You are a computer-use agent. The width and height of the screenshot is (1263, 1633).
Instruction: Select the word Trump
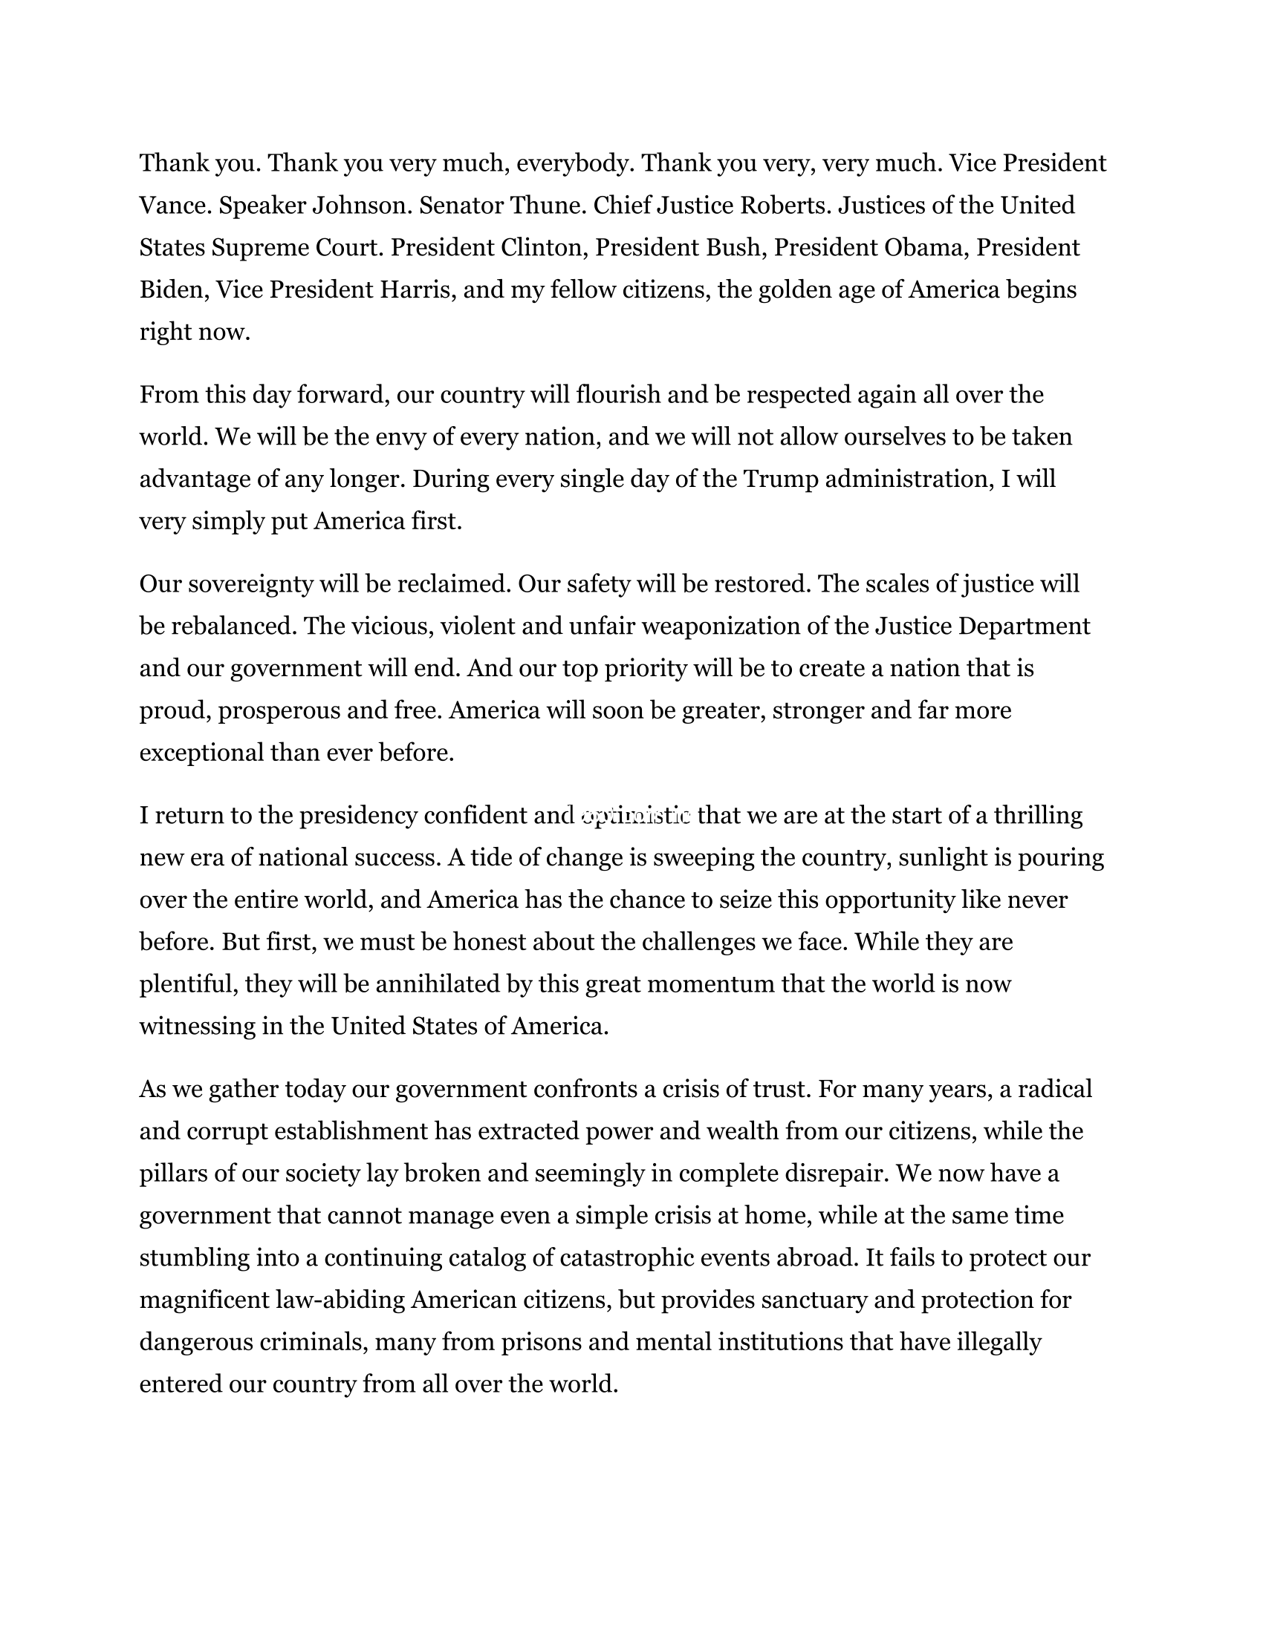(780, 480)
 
